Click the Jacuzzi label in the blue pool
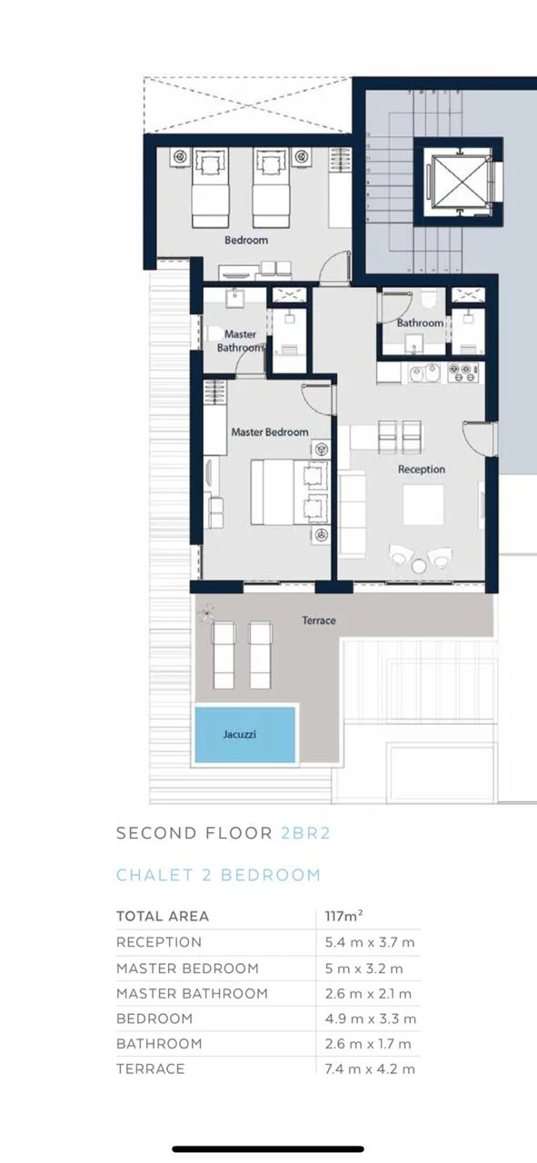239,734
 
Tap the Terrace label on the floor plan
319,621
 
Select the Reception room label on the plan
422,470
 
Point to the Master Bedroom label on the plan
270,432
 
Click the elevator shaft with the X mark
459,182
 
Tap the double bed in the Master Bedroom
289,492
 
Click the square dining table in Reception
423,505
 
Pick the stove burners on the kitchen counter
462,373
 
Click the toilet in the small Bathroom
429,301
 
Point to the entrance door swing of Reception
477,437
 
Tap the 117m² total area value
343,916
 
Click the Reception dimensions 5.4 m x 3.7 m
370,942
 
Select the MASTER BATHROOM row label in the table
192,993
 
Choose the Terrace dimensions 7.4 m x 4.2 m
370,1069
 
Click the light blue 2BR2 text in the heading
305,833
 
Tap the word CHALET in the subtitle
154,875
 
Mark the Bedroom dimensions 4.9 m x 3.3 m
371,1019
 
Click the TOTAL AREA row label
163,916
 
